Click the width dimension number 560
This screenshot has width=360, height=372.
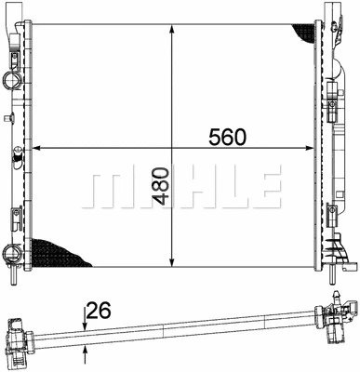pos(226,137)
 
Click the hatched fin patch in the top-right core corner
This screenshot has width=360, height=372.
pos(303,33)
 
